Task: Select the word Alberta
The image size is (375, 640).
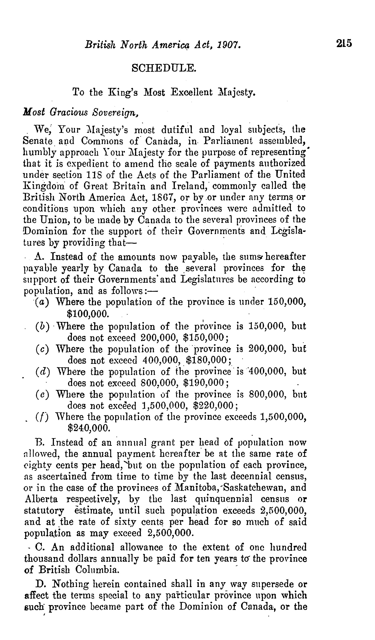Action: pyautogui.click(x=41, y=499)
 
